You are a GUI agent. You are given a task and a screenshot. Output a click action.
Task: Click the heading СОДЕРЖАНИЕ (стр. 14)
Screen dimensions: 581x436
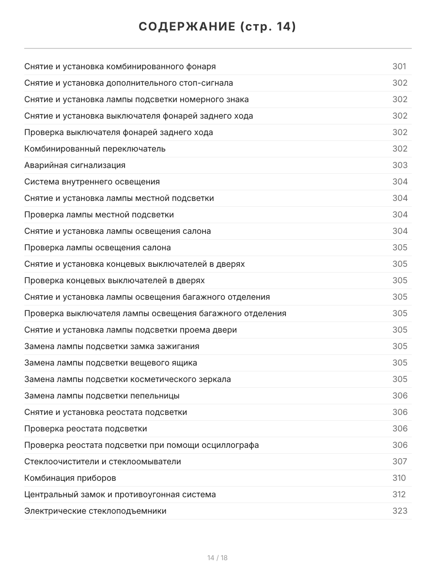coord(218,27)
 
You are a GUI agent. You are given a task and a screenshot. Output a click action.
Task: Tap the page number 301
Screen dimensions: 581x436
coord(399,67)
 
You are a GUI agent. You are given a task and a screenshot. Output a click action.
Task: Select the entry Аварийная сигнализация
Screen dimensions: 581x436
coord(75,166)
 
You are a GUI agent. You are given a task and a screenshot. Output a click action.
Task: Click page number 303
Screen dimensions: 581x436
coord(400,166)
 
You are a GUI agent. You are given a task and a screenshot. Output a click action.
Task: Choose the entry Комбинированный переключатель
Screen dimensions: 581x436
coord(95,149)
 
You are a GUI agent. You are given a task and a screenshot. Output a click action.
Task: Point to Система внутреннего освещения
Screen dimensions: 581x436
coord(92,182)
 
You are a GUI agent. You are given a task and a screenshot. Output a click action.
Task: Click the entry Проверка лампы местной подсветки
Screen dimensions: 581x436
coord(99,215)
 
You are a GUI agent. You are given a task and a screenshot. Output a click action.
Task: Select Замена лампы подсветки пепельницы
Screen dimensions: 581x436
coord(102,396)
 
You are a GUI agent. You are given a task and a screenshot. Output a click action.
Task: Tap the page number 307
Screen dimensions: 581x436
coord(400,462)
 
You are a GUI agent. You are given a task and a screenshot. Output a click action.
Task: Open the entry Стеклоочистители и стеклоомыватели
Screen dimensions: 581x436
coord(103,462)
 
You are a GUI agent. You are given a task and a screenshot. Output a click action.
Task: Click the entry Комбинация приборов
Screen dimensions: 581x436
coord(70,478)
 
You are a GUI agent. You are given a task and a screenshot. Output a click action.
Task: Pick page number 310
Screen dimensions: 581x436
coord(399,478)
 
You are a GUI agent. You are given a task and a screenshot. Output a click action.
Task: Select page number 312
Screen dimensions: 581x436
coord(399,495)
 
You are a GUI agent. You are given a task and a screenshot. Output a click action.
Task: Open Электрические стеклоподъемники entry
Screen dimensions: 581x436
coord(95,511)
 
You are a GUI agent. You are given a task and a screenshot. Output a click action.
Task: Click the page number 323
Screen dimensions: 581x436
coord(400,511)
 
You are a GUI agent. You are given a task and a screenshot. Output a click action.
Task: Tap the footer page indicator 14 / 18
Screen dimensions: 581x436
coord(218,558)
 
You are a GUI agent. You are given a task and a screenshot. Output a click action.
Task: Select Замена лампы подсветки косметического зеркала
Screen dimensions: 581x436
coord(127,380)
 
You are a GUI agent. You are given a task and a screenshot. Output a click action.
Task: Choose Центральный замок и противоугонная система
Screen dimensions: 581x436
coord(120,495)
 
